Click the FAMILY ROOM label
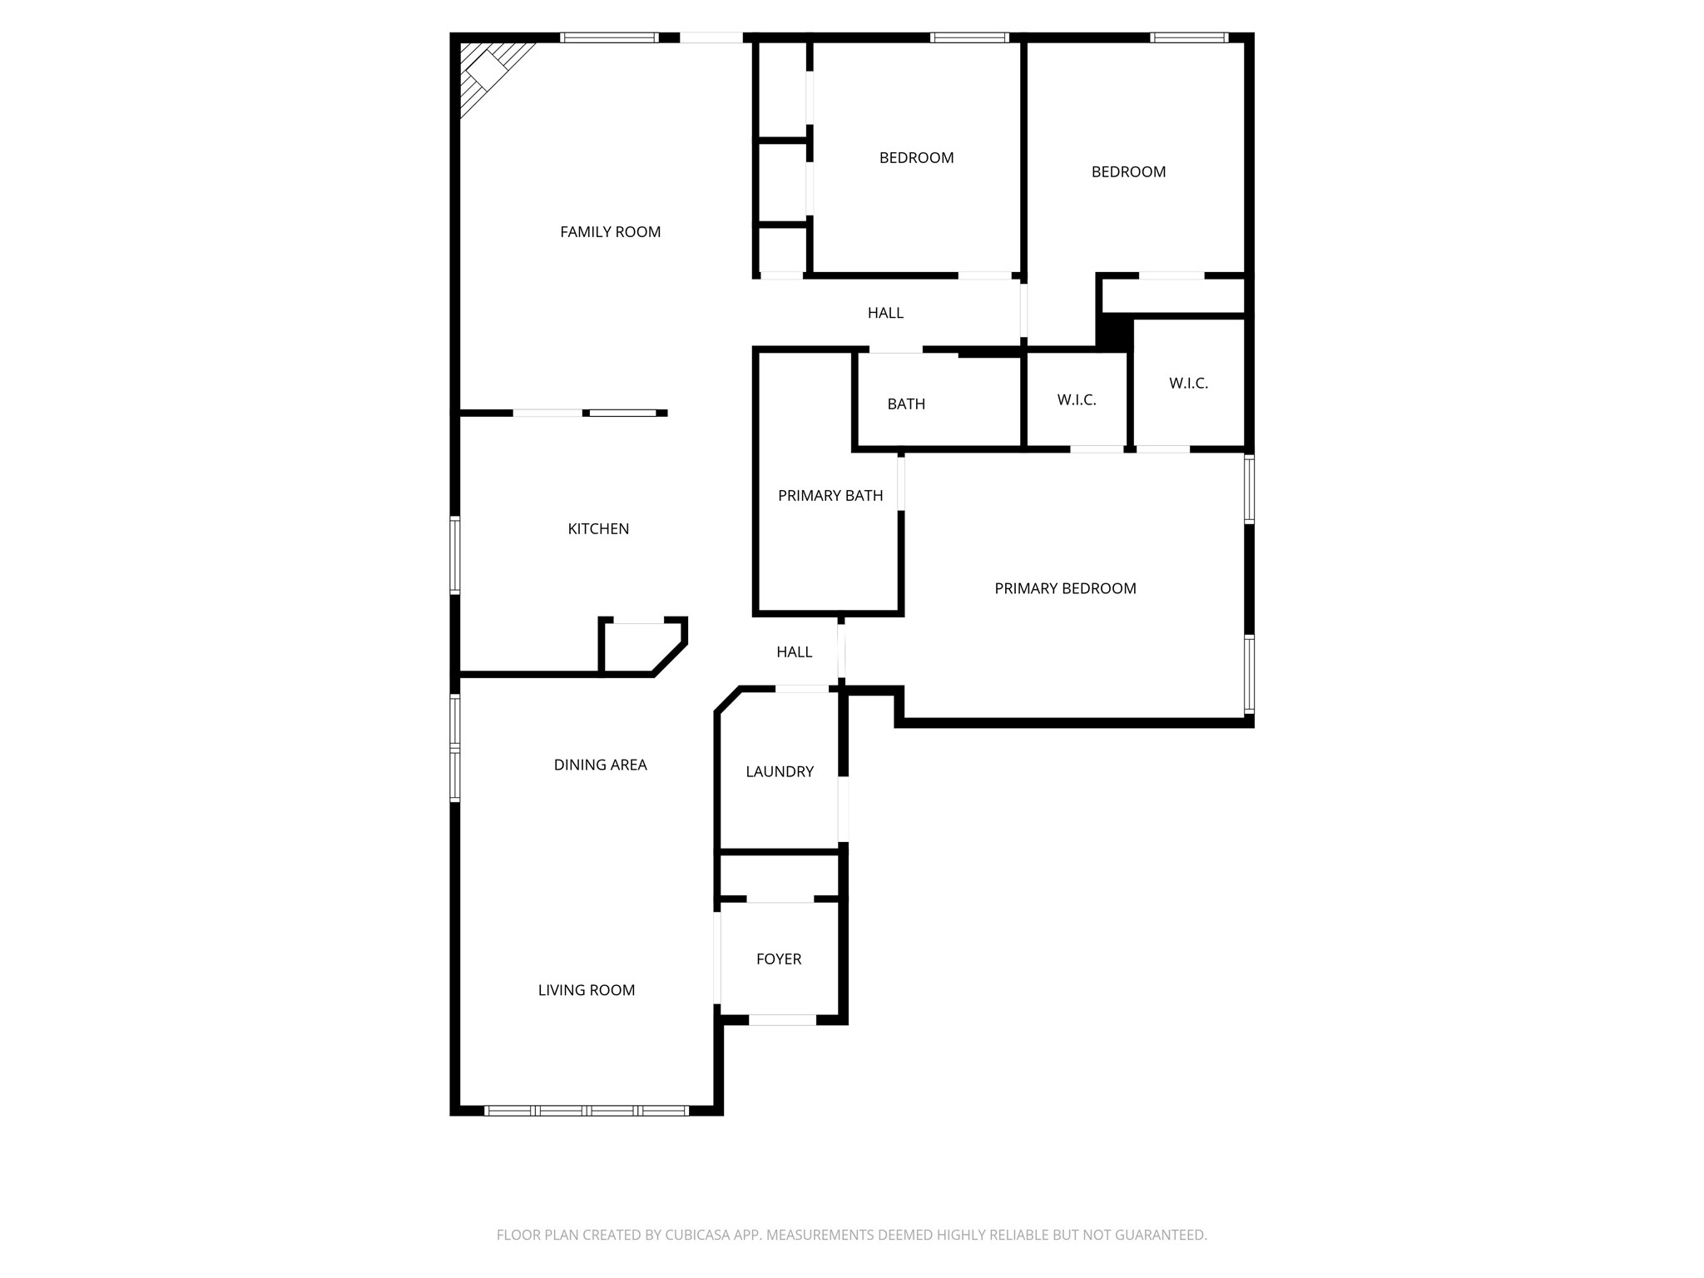pyautogui.click(x=610, y=232)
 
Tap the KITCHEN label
pyautogui.click(x=598, y=529)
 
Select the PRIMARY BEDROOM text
pyautogui.click(x=1065, y=589)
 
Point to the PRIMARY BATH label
pyautogui.click(x=830, y=496)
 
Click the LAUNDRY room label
pyautogui.click(x=780, y=772)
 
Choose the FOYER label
pyautogui.click(x=779, y=959)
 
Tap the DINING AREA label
pyautogui.click(x=600, y=765)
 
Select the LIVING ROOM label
pyautogui.click(x=586, y=990)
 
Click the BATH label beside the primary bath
pyautogui.click(x=906, y=404)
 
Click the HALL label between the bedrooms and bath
pyautogui.click(x=885, y=313)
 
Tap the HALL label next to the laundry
pyautogui.click(x=794, y=652)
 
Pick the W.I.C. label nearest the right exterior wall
pyautogui.click(x=1188, y=384)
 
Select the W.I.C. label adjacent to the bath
pyautogui.click(x=1077, y=400)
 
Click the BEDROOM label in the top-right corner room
pyautogui.click(x=1128, y=172)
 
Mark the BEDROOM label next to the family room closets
pyautogui.click(x=916, y=158)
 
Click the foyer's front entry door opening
pyautogui.click(x=782, y=1020)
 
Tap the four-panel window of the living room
pyautogui.click(x=587, y=1110)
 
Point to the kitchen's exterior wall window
pyautogui.click(x=455, y=555)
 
